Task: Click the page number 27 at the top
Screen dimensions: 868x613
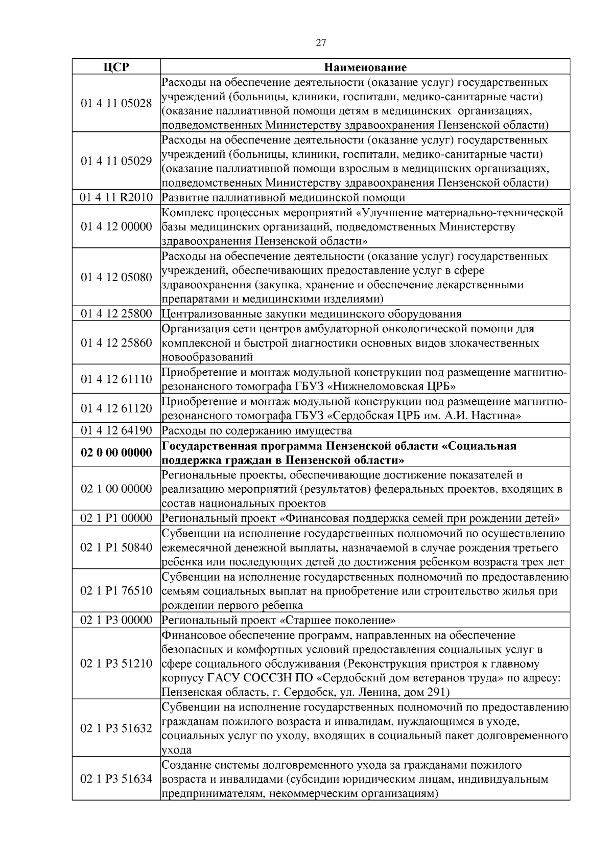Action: tap(321, 42)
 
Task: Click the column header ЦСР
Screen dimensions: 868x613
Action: tap(116, 67)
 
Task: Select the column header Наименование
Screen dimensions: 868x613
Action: tap(365, 67)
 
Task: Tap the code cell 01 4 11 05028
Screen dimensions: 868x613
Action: tap(116, 104)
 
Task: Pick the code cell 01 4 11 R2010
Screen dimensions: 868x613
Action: tap(116, 197)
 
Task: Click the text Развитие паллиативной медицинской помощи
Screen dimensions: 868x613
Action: tap(284, 197)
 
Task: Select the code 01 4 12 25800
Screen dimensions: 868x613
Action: tap(116, 313)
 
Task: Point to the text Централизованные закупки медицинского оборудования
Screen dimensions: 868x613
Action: tap(312, 313)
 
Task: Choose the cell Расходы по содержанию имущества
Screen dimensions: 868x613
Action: tap(257, 430)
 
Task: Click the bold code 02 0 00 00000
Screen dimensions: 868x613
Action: tap(116, 452)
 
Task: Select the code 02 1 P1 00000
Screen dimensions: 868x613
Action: tap(116, 518)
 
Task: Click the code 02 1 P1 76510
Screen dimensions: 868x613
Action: tap(116, 590)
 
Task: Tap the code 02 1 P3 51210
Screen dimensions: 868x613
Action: tap(116, 664)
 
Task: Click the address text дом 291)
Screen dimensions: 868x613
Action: tap(427, 692)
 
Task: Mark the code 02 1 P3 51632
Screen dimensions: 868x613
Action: tap(116, 728)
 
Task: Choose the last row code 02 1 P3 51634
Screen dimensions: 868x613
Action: tap(116, 779)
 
